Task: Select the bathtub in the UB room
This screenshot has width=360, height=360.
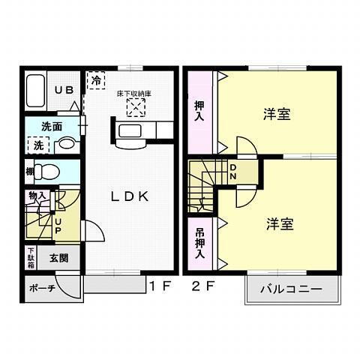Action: point(35,91)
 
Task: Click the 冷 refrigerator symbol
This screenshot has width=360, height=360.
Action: point(97,79)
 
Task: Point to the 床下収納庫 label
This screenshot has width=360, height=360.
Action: point(134,94)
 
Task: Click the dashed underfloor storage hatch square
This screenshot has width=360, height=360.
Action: point(135,109)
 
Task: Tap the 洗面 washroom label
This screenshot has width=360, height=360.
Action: point(51,127)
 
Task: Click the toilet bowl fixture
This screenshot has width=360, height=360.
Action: point(46,170)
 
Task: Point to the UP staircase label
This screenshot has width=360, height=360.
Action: point(58,224)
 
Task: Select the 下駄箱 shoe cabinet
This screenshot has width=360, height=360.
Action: point(31,256)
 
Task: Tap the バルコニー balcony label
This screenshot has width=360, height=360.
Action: point(291,289)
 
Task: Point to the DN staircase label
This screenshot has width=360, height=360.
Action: point(232,172)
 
